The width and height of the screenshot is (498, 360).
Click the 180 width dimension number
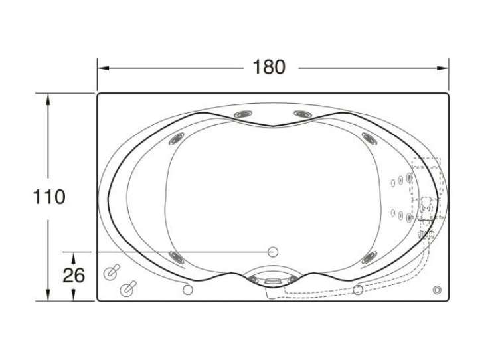(x=269, y=67)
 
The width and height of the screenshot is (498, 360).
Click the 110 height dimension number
(x=49, y=197)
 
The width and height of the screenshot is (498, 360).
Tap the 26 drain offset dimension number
(x=74, y=275)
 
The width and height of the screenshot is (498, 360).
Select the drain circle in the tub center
(x=273, y=252)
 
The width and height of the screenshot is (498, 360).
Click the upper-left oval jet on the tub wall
(x=176, y=139)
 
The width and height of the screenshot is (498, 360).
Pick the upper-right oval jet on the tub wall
(x=369, y=139)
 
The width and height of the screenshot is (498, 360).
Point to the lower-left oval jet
(x=177, y=257)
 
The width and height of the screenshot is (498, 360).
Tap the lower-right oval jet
(x=369, y=257)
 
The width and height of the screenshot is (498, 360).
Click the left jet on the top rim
(x=243, y=114)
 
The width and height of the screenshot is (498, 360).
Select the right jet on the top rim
(x=302, y=114)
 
